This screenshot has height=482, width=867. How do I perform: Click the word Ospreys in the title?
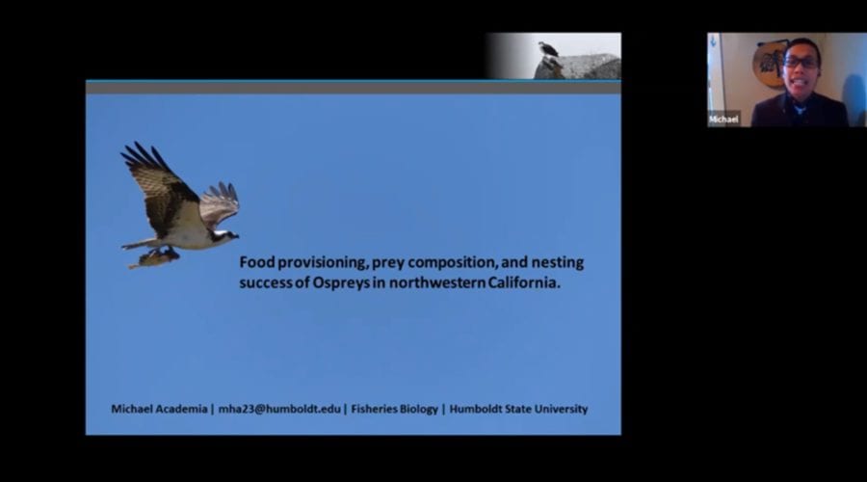[341, 282]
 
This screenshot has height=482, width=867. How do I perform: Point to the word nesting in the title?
[558, 262]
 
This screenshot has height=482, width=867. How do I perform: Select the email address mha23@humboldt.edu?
[279, 409]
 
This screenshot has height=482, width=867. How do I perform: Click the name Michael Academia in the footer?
[159, 409]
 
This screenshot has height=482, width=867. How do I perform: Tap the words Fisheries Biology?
[394, 409]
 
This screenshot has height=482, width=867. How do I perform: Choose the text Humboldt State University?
[518, 409]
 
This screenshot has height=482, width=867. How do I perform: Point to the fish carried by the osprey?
[154, 257]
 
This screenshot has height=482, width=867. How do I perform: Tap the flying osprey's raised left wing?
[158, 185]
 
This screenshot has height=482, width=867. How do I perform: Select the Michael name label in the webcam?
[723, 119]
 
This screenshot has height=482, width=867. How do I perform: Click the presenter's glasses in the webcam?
[801, 63]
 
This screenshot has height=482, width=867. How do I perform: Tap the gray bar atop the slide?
[354, 88]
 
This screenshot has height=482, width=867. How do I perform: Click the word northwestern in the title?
[436, 282]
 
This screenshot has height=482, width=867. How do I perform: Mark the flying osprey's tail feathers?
[138, 244]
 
